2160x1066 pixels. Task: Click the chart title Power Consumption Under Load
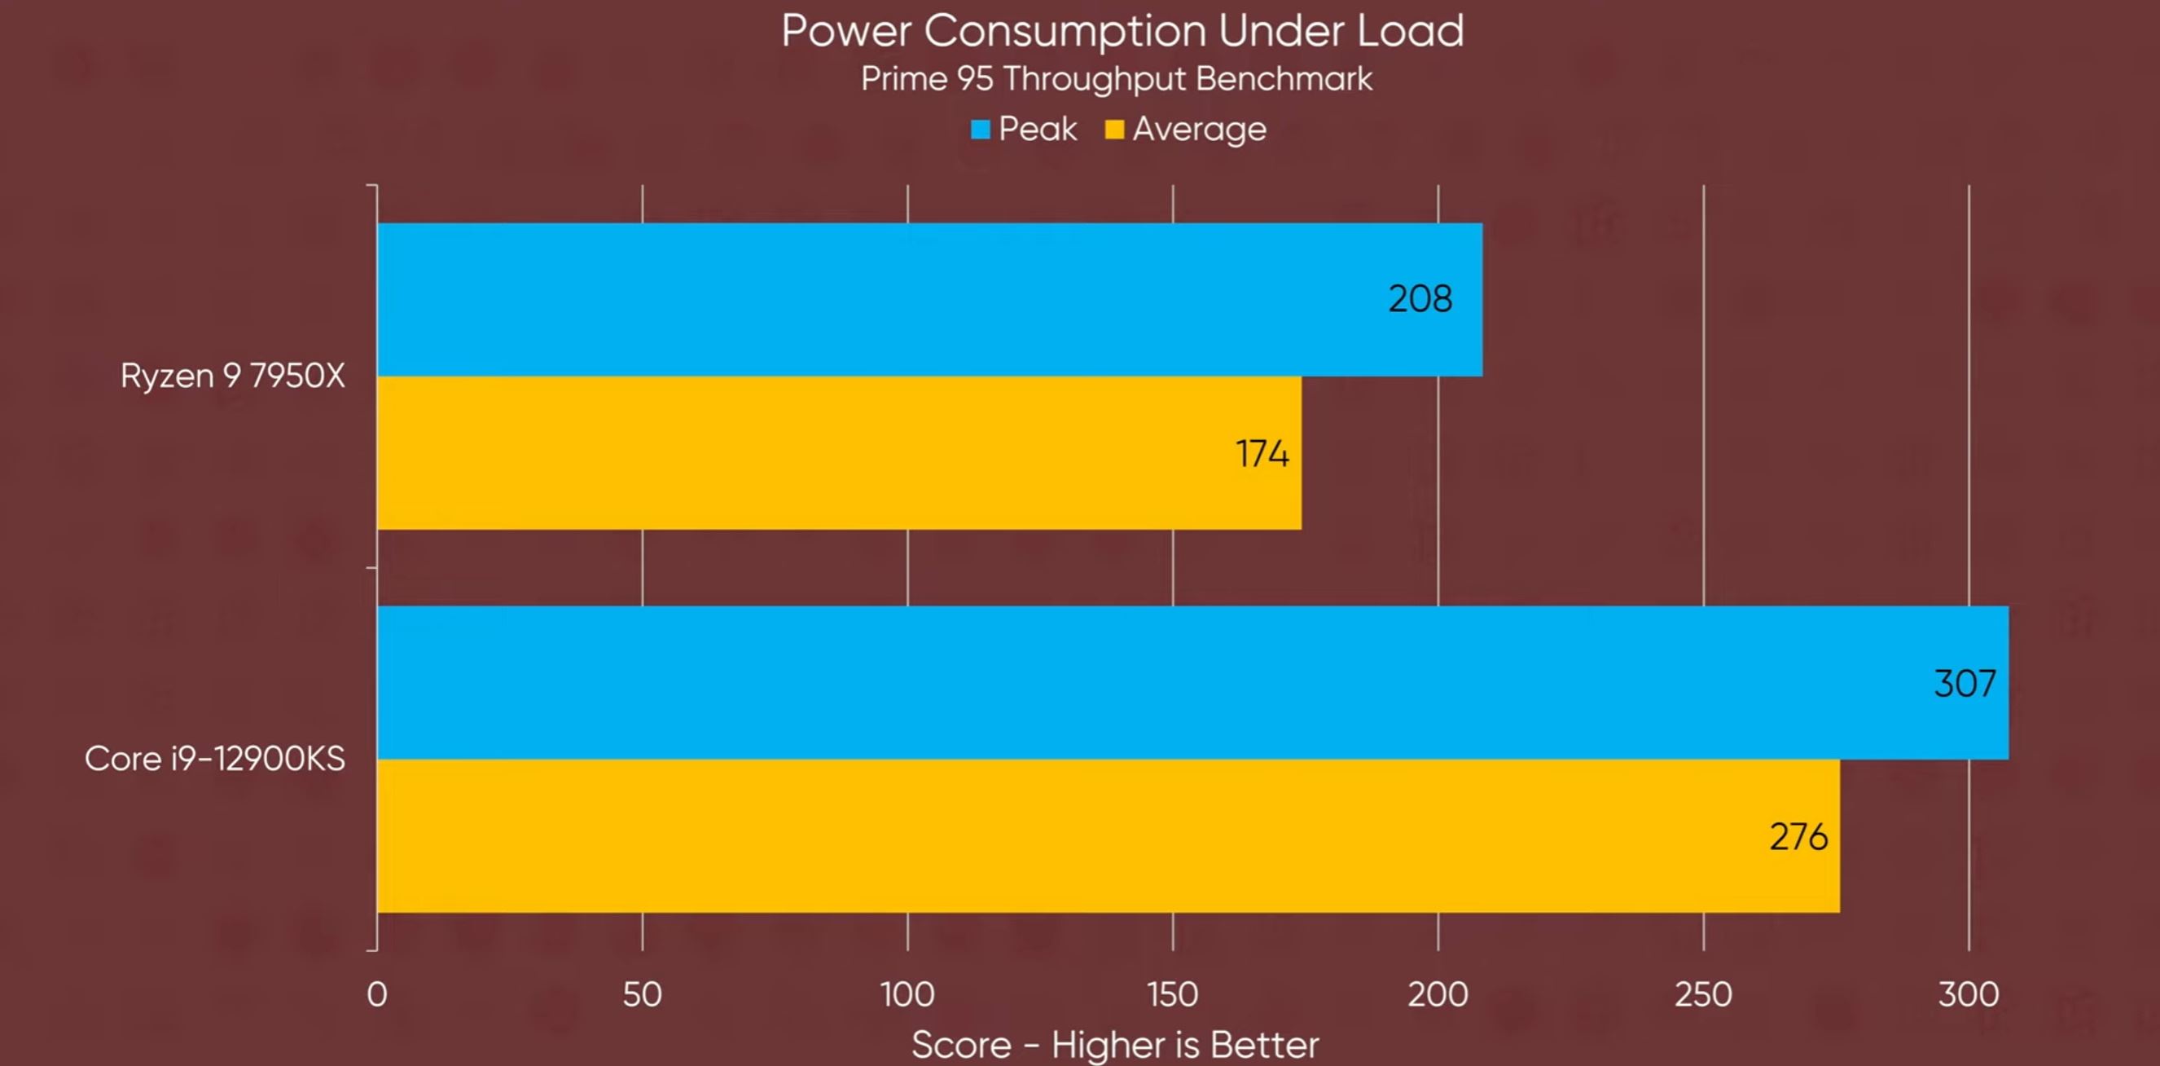tap(1122, 31)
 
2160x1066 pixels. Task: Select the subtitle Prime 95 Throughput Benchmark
tap(1116, 79)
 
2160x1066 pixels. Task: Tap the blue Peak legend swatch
tap(979, 129)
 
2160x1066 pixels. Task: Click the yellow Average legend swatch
tap(1113, 129)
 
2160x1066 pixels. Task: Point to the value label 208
tap(1420, 298)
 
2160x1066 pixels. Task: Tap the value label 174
tap(1262, 454)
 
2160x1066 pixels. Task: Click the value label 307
tap(1965, 684)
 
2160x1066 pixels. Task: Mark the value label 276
tap(1798, 837)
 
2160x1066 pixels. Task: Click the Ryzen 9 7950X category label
tap(232, 376)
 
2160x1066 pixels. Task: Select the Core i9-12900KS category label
tap(215, 759)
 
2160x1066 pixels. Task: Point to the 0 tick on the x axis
tap(377, 995)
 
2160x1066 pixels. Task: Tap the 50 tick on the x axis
tap(643, 995)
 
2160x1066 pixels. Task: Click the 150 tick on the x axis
tap(1172, 995)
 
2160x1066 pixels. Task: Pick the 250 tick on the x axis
tap(1703, 995)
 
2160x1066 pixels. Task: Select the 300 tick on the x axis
tap(1968, 995)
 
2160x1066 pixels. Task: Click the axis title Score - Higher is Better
tap(1114, 1045)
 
